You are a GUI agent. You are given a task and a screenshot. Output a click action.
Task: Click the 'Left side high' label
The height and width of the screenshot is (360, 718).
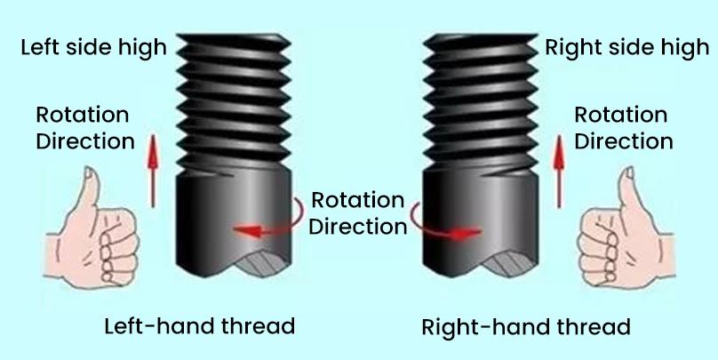pyautogui.click(x=94, y=48)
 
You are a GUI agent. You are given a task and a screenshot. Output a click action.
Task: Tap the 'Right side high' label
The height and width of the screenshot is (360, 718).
pyautogui.click(x=626, y=48)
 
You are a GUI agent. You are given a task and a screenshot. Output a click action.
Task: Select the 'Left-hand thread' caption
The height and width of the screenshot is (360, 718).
pyautogui.click(x=200, y=326)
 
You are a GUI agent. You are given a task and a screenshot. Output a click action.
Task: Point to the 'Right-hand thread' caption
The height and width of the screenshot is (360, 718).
pyautogui.click(x=526, y=327)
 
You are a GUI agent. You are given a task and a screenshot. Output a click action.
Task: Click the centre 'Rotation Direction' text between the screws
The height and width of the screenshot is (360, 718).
pyautogui.click(x=357, y=213)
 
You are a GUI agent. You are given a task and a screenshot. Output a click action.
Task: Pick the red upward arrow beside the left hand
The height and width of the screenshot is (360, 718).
pyautogui.click(x=153, y=171)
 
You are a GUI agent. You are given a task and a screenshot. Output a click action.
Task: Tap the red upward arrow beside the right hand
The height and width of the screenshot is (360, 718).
pyautogui.click(x=559, y=172)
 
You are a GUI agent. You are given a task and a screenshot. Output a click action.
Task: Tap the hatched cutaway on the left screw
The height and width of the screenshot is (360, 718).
pyautogui.click(x=262, y=264)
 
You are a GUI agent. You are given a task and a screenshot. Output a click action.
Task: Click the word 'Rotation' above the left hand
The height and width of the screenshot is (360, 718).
pyautogui.click(x=83, y=115)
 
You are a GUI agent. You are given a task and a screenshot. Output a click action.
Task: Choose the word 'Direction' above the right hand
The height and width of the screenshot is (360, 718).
pyautogui.click(x=624, y=141)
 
